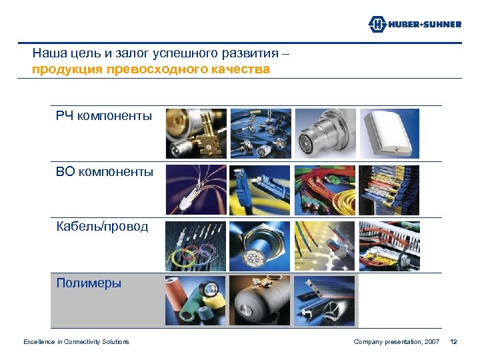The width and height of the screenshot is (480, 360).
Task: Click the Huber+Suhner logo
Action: [414, 24]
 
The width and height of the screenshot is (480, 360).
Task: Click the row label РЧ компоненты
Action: [104, 117]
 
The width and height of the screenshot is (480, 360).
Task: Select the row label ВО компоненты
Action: [105, 173]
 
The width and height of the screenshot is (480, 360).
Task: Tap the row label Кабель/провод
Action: [102, 227]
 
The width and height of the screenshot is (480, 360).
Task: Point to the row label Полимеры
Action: [89, 283]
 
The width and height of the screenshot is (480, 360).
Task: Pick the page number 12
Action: [453, 342]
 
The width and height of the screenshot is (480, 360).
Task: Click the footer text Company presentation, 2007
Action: [396, 342]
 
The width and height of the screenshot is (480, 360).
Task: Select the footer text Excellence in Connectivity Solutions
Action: [76, 342]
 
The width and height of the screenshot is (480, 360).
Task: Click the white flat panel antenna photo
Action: [389, 133]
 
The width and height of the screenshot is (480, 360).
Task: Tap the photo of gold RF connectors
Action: [196, 133]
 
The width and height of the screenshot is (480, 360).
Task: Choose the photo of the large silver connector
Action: [325, 133]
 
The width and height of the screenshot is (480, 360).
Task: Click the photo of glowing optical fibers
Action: [196, 189]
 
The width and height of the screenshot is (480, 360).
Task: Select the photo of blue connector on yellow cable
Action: [260, 189]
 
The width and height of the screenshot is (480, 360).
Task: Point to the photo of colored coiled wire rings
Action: [196, 245]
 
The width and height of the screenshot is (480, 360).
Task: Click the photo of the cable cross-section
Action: [260, 245]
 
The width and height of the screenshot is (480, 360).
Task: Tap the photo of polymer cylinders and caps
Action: [196, 301]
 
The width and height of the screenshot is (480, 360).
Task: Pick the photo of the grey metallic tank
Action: [260, 301]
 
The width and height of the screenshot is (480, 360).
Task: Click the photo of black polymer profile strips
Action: [325, 301]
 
